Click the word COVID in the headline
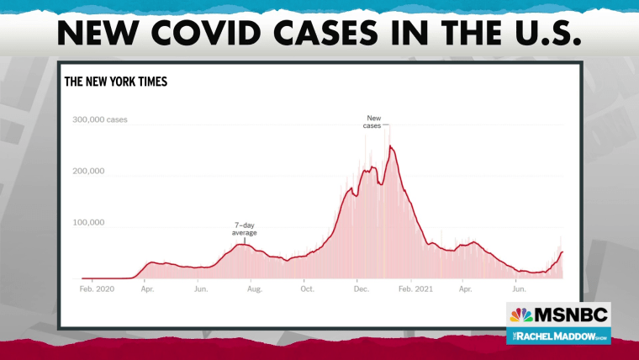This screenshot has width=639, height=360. click(x=206, y=32)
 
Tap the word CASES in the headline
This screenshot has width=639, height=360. click(x=326, y=32)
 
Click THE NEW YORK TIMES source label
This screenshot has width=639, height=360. click(x=116, y=82)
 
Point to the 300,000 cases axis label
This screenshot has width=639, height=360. click(x=100, y=119)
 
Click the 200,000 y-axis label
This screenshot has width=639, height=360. click(x=88, y=171)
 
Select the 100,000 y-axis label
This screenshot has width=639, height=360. click(x=88, y=222)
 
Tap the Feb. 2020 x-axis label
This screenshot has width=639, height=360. click(x=97, y=289)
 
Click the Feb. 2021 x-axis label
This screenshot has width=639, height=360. click(x=415, y=289)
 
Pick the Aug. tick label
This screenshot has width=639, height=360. click(x=255, y=289)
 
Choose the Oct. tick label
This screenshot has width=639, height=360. click(x=307, y=289)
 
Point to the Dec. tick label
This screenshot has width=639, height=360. click(x=361, y=289)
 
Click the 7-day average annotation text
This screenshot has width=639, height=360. click(x=245, y=229)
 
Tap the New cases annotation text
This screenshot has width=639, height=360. click(x=372, y=122)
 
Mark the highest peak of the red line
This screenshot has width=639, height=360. click(x=390, y=146)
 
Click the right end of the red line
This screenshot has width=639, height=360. click(x=562, y=252)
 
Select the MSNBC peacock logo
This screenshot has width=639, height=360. click(x=521, y=315)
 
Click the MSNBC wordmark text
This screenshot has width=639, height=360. click(x=571, y=315)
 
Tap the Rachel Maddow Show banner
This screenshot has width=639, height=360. click(x=559, y=336)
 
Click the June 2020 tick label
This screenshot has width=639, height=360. click(x=201, y=289)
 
